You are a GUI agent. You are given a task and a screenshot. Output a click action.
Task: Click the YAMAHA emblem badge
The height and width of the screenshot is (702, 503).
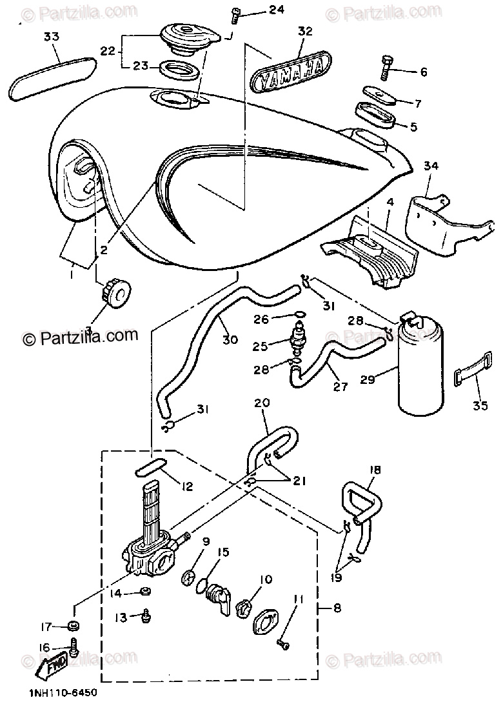[290, 73]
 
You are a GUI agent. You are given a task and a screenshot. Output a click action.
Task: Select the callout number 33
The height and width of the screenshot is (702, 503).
[51, 37]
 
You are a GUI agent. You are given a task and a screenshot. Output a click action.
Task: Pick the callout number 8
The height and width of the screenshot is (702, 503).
[337, 607]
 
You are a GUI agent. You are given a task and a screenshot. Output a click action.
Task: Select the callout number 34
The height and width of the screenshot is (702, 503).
[431, 166]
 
